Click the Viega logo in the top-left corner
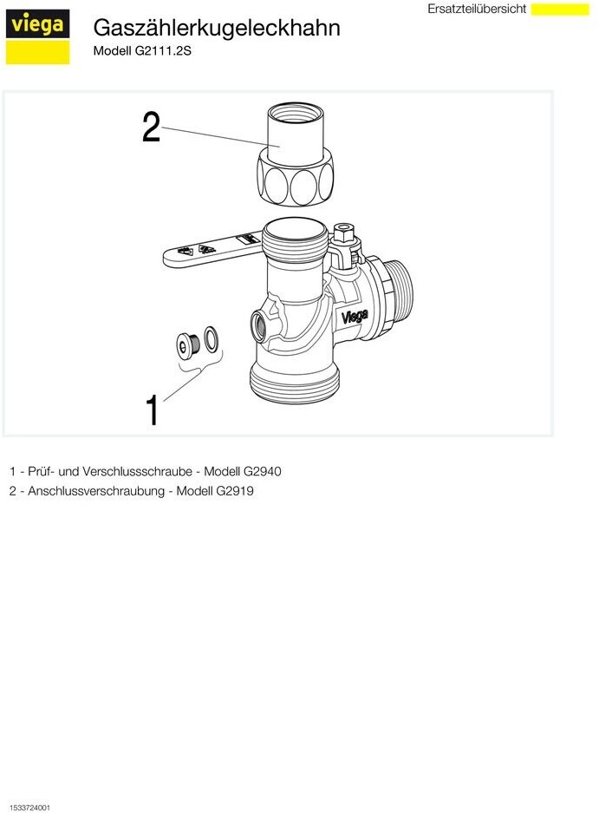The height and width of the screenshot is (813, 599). tap(37, 36)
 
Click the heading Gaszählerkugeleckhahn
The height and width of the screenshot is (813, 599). tap(217, 28)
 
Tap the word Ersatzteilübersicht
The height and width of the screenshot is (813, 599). tap(477, 9)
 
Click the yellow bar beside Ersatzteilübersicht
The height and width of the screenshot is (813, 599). tap(560, 9)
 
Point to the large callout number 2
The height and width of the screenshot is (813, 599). tap(151, 128)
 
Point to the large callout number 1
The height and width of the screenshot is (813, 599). tap(152, 410)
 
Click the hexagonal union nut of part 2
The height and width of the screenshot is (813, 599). tap(296, 176)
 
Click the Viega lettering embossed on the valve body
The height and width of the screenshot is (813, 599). tap(355, 316)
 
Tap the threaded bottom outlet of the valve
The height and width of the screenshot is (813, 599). tap(295, 383)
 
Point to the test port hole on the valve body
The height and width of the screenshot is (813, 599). tap(258, 325)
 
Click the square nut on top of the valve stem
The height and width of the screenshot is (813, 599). tap(343, 233)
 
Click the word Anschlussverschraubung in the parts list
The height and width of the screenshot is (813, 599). tap(96, 491)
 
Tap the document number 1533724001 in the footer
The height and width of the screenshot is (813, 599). tap(29, 808)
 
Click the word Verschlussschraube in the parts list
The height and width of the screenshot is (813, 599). tap(137, 472)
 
